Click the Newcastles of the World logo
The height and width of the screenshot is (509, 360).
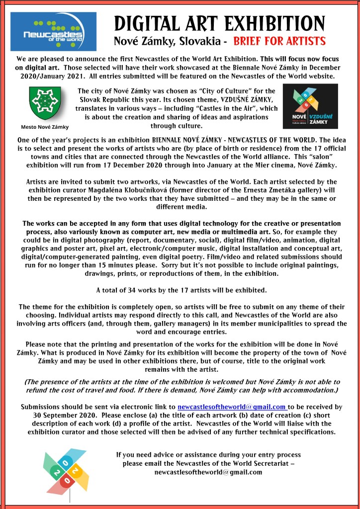(x=46, y=31)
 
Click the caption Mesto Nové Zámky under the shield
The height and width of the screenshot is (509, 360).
(x=45, y=127)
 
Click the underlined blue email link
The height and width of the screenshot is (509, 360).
(x=232, y=407)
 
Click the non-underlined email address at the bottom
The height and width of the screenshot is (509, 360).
(x=208, y=472)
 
